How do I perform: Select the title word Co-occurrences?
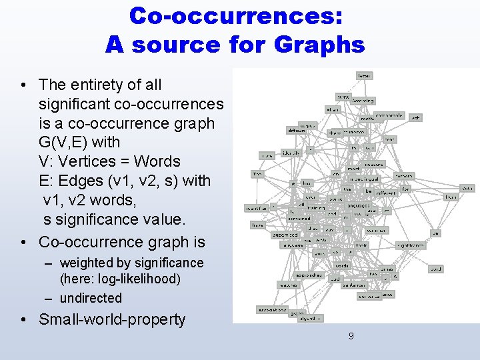236,16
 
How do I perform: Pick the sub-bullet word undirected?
91,298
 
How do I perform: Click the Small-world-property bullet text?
112,319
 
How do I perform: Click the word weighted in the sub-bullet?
87,263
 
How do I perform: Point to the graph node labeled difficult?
296,130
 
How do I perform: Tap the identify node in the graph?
291,153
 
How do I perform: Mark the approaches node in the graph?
309,274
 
